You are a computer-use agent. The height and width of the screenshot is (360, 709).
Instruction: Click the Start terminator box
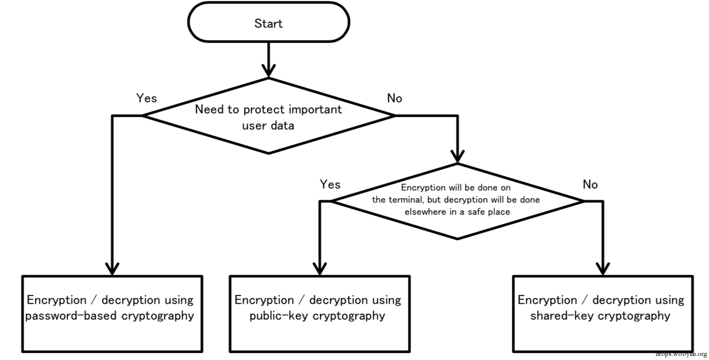268,22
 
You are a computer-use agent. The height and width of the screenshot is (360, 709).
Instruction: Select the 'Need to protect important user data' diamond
268,116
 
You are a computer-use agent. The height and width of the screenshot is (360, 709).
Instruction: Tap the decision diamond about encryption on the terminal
457,201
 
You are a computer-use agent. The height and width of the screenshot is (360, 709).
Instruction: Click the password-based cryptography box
112,314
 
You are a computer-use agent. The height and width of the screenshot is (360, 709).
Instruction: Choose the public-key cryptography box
320,314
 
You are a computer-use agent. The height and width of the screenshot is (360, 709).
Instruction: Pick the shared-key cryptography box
603,314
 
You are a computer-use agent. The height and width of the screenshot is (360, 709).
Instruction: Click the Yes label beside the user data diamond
147,98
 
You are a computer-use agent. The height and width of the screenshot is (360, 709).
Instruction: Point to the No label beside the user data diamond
395,98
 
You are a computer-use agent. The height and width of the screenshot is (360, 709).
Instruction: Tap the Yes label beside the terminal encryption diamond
330,184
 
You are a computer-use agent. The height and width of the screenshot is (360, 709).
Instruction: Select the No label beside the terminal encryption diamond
590,184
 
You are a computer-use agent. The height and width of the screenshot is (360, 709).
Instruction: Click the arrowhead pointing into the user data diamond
268,71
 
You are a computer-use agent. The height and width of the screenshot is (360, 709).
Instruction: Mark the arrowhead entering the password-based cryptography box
112,269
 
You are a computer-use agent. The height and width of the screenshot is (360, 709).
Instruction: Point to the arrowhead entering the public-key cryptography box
320,269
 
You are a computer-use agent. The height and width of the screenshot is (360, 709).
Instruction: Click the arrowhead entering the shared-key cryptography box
603,269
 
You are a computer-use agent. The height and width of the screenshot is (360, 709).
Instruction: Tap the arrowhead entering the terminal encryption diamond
457,157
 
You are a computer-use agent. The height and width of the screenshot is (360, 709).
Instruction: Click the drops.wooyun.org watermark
681,354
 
